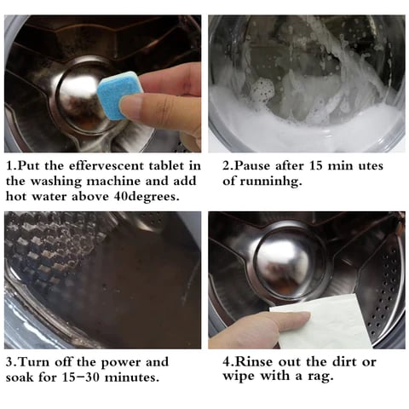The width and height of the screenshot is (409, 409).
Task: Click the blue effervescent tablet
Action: click(x=118, y=94)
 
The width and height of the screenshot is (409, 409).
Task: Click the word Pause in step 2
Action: click(x=252, y=166)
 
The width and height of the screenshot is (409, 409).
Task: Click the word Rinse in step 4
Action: click(x=254, y=362)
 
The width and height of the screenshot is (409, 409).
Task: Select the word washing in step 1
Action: click(x=56, y=181)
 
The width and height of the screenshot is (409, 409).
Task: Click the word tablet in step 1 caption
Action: click(x=166, y=165)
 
